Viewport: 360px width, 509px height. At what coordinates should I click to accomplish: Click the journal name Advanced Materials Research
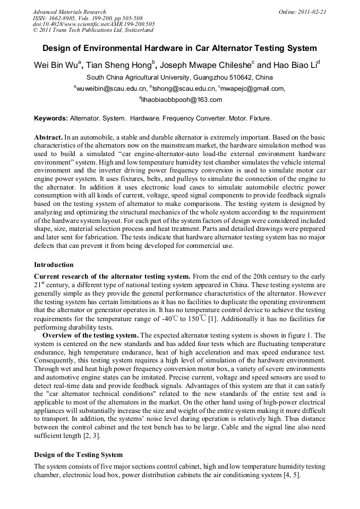coord(69,12)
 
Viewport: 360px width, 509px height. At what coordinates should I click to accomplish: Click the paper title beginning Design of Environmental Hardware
coord(179,48)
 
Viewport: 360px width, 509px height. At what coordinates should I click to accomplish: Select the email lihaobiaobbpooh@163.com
coord(181,99)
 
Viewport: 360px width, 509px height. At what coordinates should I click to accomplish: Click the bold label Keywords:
coord(51,118)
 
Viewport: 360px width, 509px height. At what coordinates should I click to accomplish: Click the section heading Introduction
coord(54,264)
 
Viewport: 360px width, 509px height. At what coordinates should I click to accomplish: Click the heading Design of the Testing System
coord(78,454)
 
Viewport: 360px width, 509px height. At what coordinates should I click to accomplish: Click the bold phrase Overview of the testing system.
coord(91,335)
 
